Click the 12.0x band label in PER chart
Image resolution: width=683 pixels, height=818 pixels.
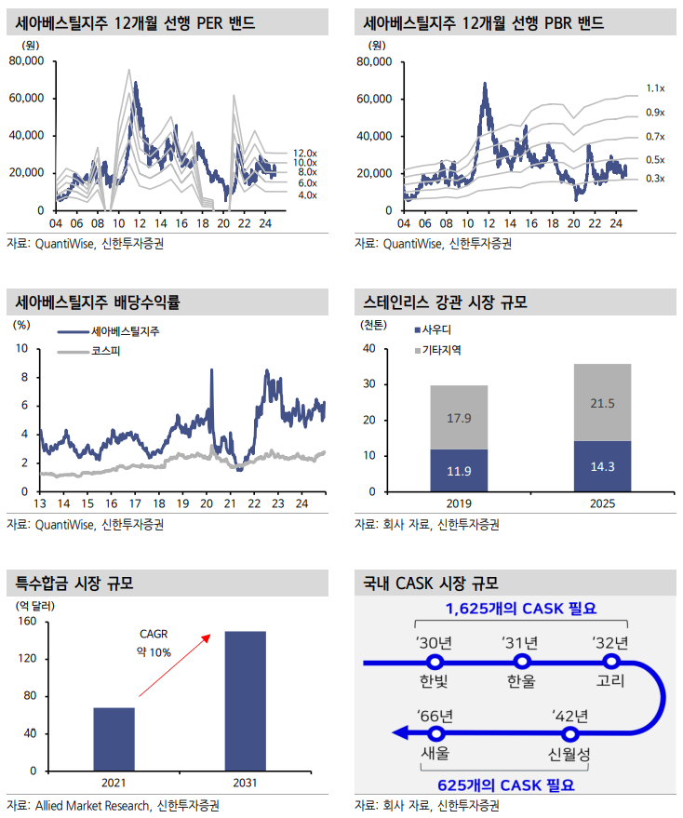tap(304, 152)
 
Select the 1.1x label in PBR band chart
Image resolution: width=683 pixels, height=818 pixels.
tap(654, 88)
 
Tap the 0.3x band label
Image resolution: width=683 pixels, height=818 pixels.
tap(654, 178)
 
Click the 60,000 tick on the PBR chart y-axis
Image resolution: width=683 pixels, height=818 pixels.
tap(377, 99)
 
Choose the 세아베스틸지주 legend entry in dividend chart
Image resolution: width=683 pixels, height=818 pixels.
tap(123, 332)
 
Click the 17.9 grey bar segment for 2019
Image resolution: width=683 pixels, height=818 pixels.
tap(459, 418)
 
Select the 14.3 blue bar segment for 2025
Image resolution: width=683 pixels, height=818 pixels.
tap(602, 466)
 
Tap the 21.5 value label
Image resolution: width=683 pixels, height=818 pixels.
tap(602, 402)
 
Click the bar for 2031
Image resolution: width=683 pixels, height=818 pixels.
tap(245, 701)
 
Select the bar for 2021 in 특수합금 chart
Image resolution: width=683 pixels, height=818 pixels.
tap(114, 739)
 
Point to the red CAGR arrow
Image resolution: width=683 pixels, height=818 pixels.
tap(174, 666)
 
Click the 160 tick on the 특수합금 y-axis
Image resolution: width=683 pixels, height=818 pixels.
tap(27, 622)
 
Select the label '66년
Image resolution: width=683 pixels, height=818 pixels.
tap(435, 715)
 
